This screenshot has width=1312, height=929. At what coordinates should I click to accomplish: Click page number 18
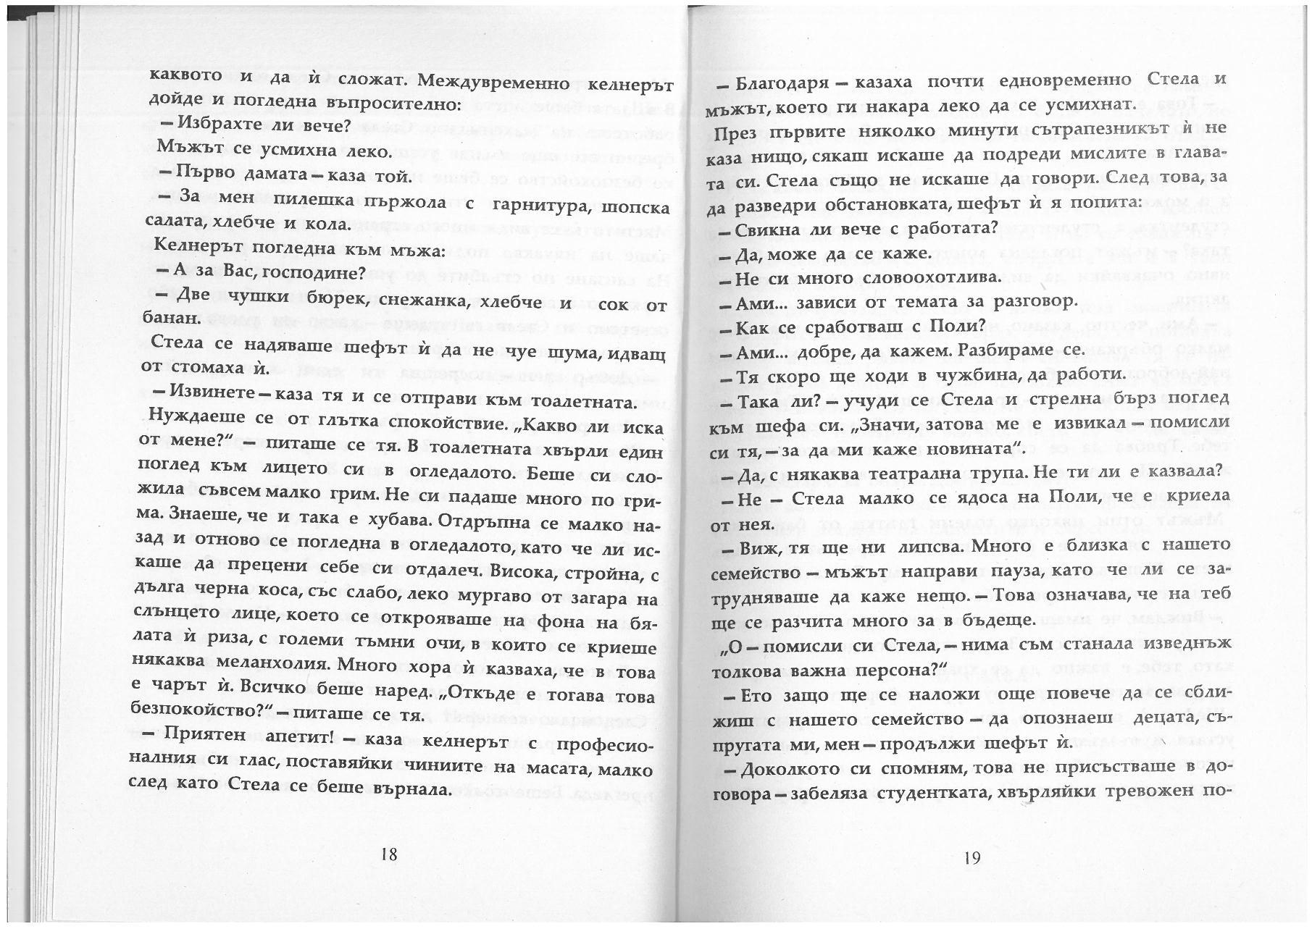(x=389, y=854)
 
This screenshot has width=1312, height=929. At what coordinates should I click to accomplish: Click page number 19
(x=972, y=858)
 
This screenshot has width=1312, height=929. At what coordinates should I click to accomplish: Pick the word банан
(x=172, y=318)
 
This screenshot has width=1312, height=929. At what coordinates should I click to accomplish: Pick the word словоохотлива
(x=894, y=277)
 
